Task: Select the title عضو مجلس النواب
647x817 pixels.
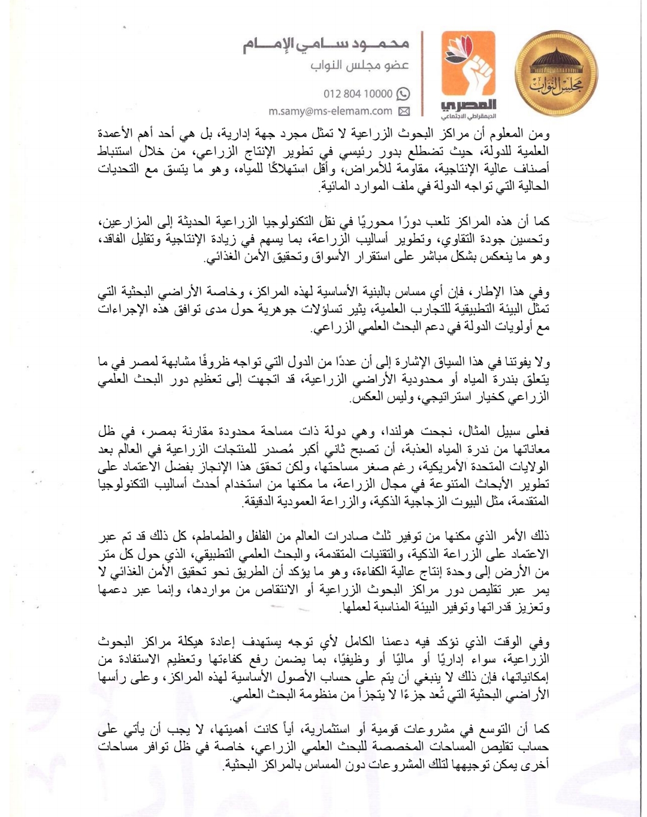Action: click(x=359, y=66)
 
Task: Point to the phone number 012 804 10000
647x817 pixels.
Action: click(x=358, y=94)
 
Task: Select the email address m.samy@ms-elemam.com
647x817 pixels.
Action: click(x=330, y=111)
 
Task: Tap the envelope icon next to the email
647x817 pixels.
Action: click(x=404, y=111)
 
